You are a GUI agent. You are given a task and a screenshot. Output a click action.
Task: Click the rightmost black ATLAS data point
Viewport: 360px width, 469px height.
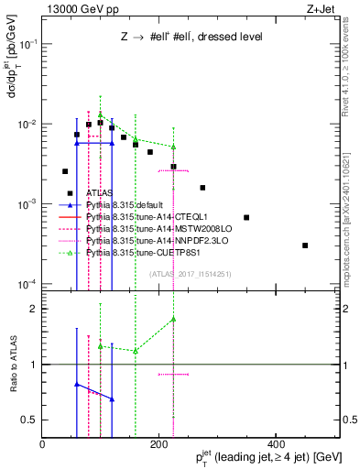point(305,245)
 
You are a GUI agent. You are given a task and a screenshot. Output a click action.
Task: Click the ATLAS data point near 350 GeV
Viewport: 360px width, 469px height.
point(246,217)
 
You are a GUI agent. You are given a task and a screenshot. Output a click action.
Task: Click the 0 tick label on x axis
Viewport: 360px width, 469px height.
point(43,445)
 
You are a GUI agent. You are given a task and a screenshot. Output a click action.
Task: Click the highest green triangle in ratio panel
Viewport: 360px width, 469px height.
point(173,320)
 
